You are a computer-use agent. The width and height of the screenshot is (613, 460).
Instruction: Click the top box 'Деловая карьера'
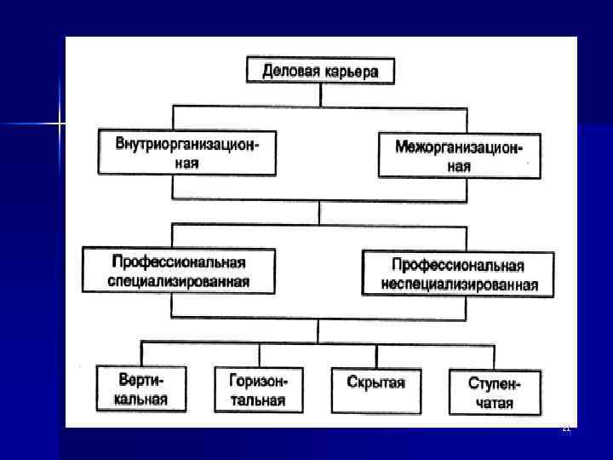pyautogui.click(x=321, y=70)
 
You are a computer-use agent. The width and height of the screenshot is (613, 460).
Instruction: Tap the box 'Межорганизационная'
pyautogui.click(x=459, y=155)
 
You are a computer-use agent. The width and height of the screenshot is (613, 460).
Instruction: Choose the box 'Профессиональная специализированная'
pyautogui.click(x=179, y=270)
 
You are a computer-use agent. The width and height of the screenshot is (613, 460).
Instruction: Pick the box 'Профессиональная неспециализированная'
pyautogui.click(x=458, y=273)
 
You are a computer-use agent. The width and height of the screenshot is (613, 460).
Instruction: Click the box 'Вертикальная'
pyautogui.click(x=142, y=388)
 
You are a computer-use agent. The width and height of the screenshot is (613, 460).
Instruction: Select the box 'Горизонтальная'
pyautogui.click(x=258, y=389)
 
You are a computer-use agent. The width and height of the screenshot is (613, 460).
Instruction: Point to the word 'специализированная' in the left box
pyautogui.click(x=179, y=281)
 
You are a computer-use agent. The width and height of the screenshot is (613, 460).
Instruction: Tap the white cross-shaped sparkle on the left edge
pyautogui.click(x=60, y=124)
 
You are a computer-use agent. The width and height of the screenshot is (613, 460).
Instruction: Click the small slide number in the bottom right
pyautogui.click(x=565, y=428)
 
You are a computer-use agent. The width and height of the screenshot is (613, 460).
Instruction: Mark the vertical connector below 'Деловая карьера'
pyautogui.click(x=319, y=95)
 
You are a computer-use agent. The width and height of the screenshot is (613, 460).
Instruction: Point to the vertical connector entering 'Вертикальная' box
pyautogui.click(x=141, y=353)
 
